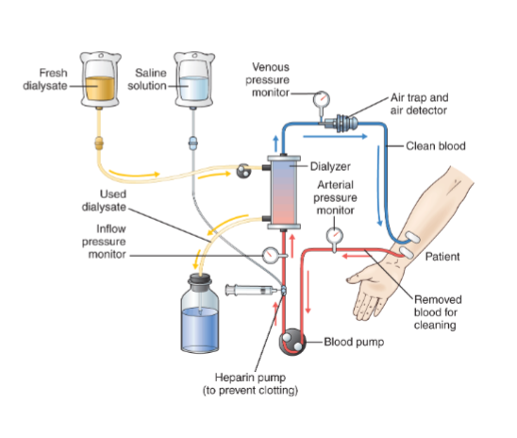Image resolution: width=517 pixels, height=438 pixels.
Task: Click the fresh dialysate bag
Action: [x=100, y=80]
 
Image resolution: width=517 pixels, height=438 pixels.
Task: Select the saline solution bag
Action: [x=194, y=80]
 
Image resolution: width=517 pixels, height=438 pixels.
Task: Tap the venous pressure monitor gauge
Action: [x=321, y=98]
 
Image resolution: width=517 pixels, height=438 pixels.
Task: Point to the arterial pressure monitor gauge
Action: [x=334, y=236]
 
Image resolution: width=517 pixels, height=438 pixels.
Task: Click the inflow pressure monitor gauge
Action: [x=271, y=255]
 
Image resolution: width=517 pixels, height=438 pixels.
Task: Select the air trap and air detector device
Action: [x=342, y=124]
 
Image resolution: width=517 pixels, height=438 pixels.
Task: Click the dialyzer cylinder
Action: [x=284, y=193]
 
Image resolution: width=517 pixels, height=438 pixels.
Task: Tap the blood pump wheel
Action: [x=292, y=342]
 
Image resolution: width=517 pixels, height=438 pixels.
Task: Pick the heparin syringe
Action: [x=254, y=290]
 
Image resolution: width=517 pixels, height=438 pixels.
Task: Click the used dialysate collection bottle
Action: [x=200, y=313]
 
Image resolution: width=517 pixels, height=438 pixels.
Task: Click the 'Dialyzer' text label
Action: [x=330, y=166]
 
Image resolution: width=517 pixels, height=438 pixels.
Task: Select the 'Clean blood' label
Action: [x=436, y=145]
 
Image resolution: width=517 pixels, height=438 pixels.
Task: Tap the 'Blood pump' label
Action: [x=354, y=342]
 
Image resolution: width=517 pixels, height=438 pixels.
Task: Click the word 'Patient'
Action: [x=442, y=256]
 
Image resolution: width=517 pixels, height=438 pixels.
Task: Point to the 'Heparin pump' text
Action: [x=250, y=377]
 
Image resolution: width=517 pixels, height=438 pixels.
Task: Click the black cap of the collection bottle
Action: [x=199, y=280]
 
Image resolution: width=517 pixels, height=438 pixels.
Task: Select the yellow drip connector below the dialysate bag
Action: [x=99, y=143]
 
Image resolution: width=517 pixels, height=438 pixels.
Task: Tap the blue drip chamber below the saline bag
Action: [x=192, y=143]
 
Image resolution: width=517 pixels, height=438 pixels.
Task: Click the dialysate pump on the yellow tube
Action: [x=243, y=171]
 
